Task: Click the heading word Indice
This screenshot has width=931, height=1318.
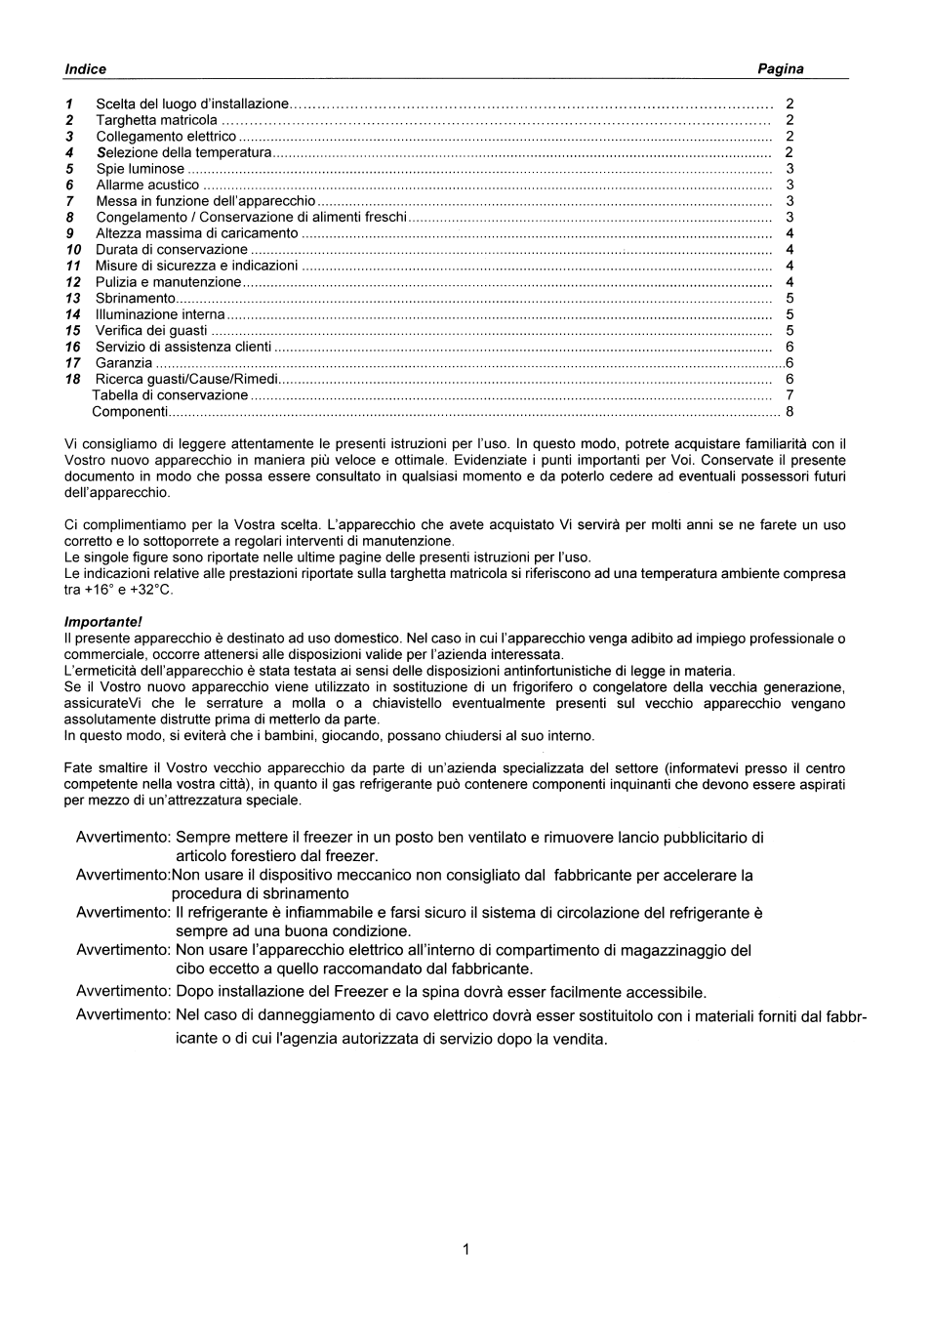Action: pyautogui.click(x=85, y=69)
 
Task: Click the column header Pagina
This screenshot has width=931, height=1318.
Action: pyautogui.click(x=780, y=69)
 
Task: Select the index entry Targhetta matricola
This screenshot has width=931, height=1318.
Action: pyautogui.click(x=156, y=120)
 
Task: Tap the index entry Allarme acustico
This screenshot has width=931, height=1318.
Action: pyautogui.click(x=147, y=185)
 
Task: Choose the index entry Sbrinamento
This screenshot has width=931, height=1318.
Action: pyautogui.click(x=136, y=298)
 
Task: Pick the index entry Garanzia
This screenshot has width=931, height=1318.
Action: pyautogui.click(x=124, y=363)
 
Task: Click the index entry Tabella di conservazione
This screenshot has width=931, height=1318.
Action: pyautogui.click(x=170, y=395)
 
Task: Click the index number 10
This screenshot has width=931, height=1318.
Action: pyautogui.click(x=73, y=250)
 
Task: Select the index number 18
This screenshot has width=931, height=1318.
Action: pyautogui.click(x=73, y=379)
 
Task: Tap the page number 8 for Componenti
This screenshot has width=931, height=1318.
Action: pyautogui.click(x=789, y=411)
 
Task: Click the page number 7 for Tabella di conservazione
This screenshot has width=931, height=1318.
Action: pyautogui.click(x=789, y=395)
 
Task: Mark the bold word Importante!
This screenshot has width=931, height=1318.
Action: pyautogui.click(x=102, y=622)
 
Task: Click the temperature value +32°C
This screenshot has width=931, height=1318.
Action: pyautogui.click(x=151, y=590)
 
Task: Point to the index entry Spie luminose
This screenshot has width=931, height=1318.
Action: pyautogui.click(x=141, y=169)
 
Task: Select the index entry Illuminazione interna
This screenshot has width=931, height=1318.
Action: pyautogui.click(x=160, y=314)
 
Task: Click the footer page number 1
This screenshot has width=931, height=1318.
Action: pyautogui.click(x=465, y=1249)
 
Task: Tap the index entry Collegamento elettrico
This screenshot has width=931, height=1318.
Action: pyautogui.click(x=166, y=137)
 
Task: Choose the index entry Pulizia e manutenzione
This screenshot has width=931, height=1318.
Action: pyautogui.click(x=168, y=282)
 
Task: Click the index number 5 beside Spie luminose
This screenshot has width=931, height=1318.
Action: pyautogui.click(x=70, y=169)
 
